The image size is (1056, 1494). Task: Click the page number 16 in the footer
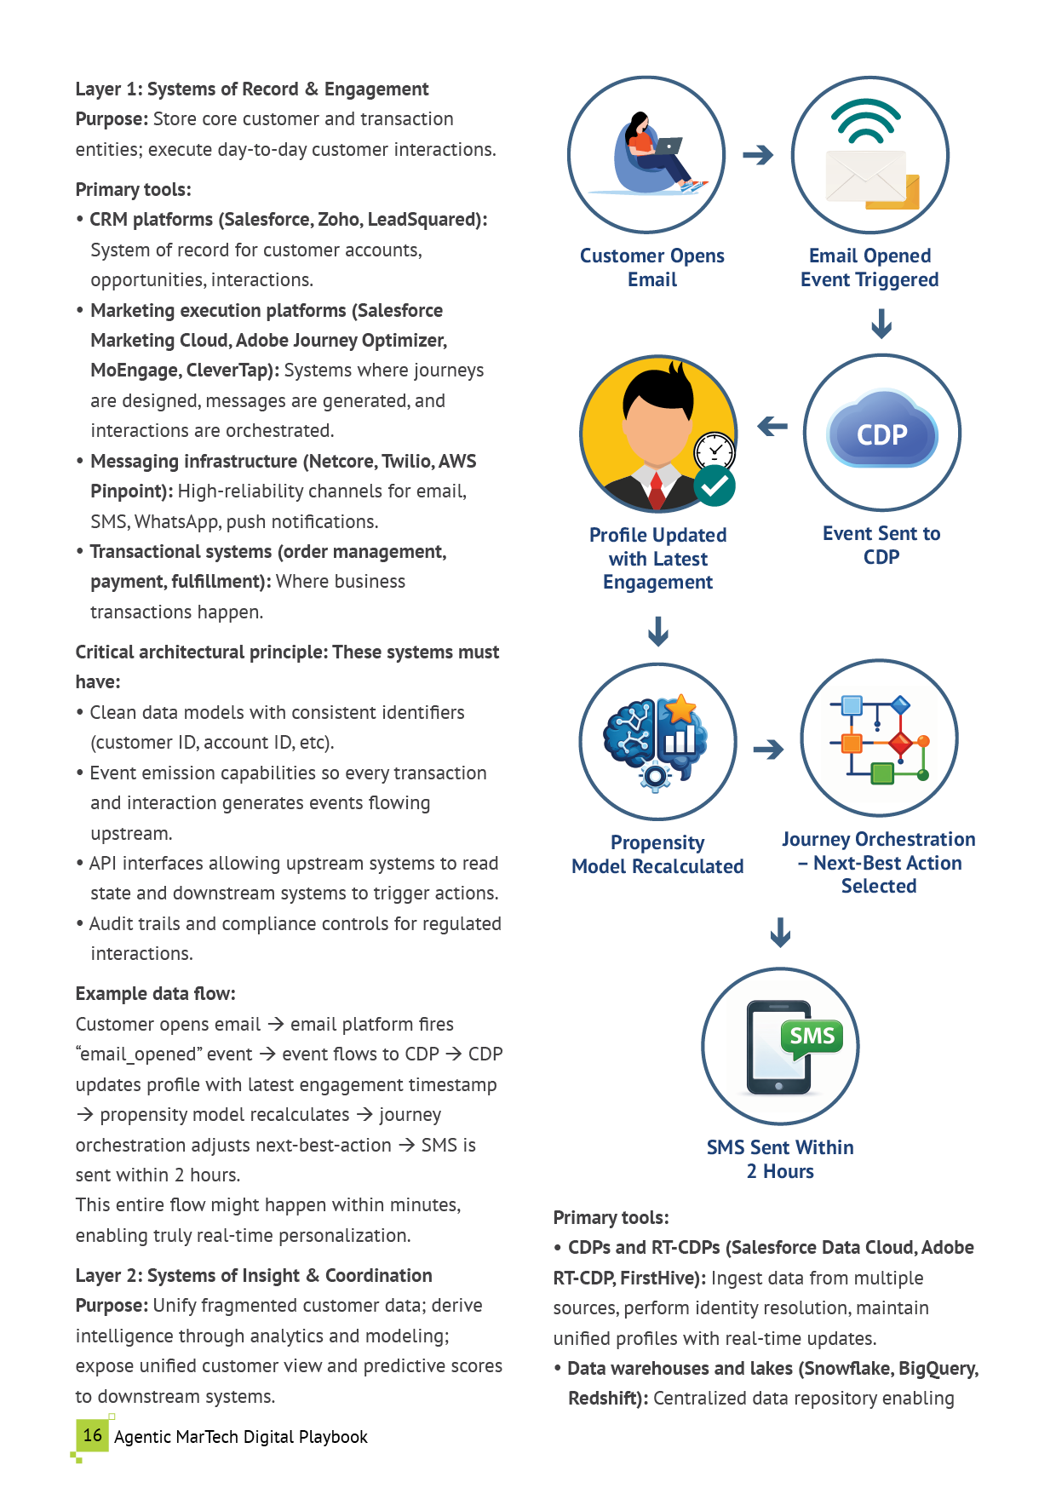pyautogui.click(x=93, y=1435)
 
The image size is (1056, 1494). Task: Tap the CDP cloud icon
pyautogui.click(x=882, y=432)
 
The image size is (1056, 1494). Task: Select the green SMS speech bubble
pyautogui.click(x=812, y=1037)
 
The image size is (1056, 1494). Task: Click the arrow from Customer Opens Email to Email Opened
pyautogui.click(x=758, y=155)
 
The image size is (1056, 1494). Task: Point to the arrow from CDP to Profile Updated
pyautogui.click(x=772, y=426)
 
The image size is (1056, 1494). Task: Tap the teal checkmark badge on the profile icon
pyautogui.click(x=715, y=486)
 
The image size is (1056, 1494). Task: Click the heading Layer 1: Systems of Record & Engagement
pyautogui.click(x=252, y=89)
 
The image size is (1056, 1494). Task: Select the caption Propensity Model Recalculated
pyautogui.click(x=657, y=854)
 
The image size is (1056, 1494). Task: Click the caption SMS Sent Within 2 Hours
pyautogui.click(x=780, y=1159)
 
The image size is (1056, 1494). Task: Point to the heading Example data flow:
pyautogui.click(x=155, y=994)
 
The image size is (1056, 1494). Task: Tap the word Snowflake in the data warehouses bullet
pyautogui.click(x=847, y=1369)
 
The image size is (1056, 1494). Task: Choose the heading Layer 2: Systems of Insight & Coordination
pyautogui.click(x=254, y=1276)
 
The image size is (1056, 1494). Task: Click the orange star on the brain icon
pyautogui.click(x=680, y=709)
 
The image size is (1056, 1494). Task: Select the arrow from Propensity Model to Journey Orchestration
pyautogui.click(x=768, y=750)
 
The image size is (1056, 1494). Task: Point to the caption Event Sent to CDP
pyautogui.click(x=881, y=545)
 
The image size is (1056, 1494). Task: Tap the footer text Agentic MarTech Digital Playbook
pyautogui.click(x=241, y=1437)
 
